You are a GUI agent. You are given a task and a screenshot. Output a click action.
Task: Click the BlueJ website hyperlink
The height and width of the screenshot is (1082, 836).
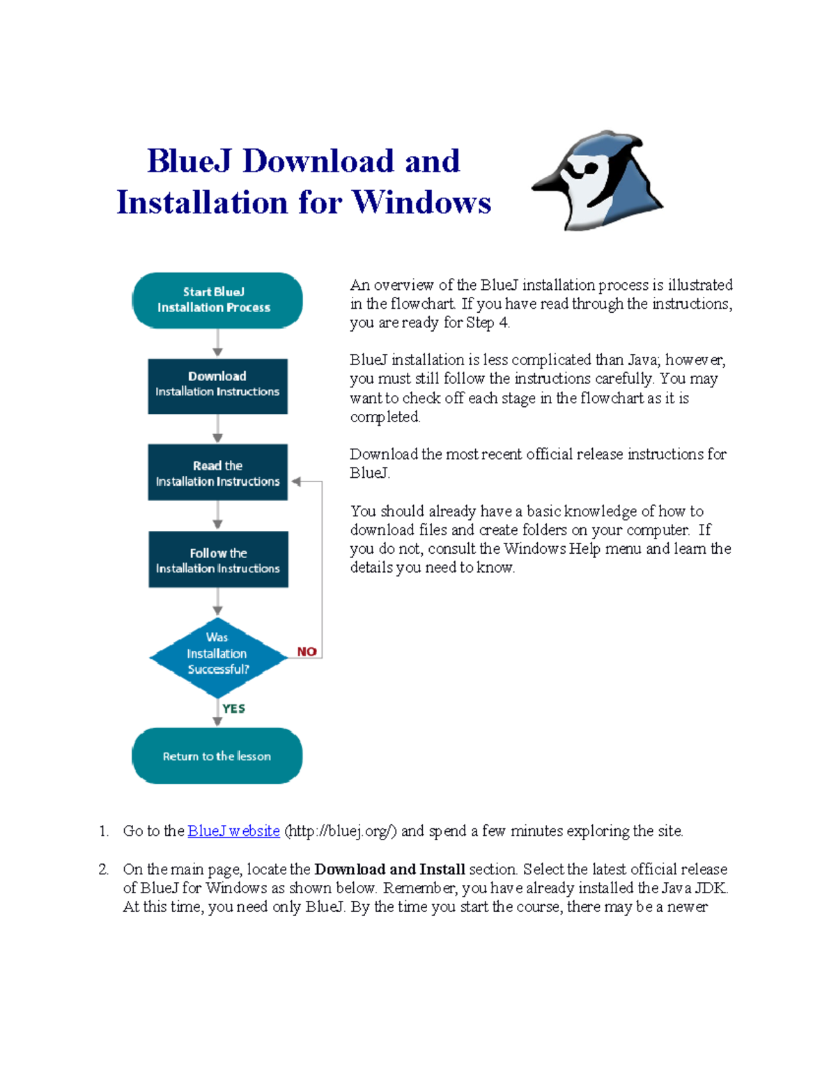233,831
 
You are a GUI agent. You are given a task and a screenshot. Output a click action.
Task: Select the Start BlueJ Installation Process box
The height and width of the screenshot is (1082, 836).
217,300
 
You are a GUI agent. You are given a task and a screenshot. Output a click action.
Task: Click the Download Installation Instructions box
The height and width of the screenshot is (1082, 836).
217,386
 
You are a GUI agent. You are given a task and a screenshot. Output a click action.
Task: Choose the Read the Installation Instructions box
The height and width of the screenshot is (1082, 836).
217,472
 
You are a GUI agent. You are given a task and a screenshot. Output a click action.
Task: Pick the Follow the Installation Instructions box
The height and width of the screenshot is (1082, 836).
218,559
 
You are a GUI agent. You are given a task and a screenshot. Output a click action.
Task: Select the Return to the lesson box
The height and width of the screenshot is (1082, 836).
217,756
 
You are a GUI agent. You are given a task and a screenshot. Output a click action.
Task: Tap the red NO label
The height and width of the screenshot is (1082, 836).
307,652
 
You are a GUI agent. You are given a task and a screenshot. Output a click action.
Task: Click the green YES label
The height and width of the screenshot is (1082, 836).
233,709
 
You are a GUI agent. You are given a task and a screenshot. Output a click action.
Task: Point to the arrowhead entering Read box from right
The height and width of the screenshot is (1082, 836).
296,481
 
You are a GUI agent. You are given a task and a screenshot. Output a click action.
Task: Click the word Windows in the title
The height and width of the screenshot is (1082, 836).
421,203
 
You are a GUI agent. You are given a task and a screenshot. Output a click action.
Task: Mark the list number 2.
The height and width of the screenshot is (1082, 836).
103,870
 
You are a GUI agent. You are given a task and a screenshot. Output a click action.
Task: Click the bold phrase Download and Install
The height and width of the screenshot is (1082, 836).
389,870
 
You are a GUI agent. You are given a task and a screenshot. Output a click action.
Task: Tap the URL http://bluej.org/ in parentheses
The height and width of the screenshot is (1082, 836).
341,831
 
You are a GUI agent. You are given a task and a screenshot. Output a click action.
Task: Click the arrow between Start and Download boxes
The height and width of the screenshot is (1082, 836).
217,343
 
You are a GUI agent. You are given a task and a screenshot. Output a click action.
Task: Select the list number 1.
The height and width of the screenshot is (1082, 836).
103,831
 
